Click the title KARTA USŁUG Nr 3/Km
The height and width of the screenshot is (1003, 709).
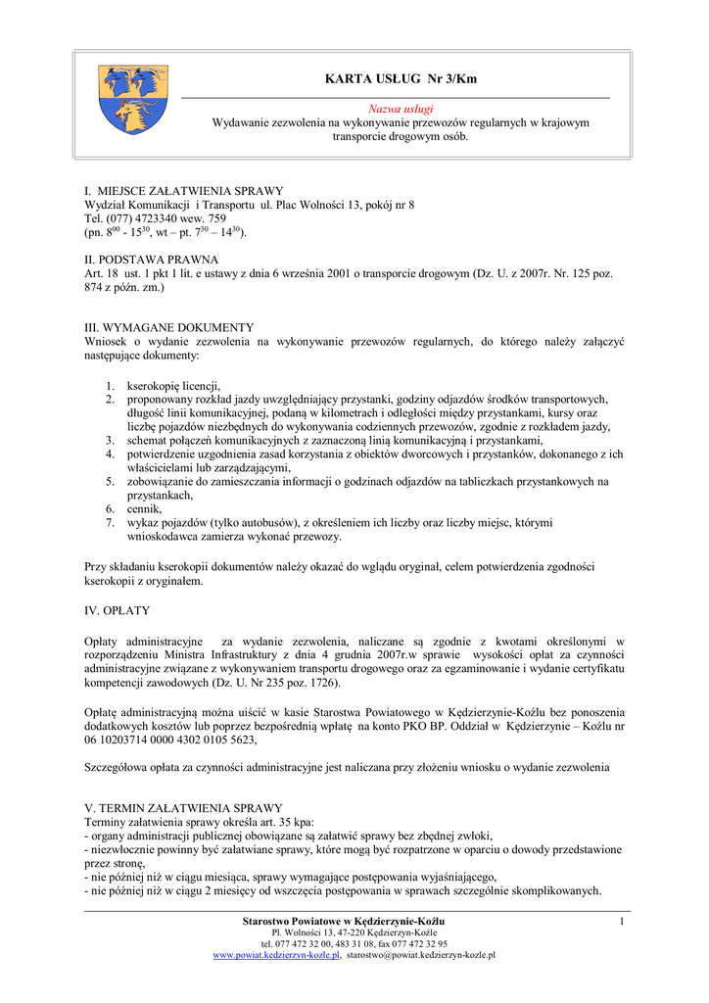click(401, 78)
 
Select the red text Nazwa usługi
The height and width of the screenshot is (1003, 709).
click(401, 109)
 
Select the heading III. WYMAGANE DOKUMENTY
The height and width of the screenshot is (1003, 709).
click(169, 327)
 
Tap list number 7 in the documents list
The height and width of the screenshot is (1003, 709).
click(111, 523)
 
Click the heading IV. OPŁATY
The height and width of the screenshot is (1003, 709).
click(117, 609)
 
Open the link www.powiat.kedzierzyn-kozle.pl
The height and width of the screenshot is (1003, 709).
click(276, 955)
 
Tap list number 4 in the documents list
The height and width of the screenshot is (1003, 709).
click(111, 454)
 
